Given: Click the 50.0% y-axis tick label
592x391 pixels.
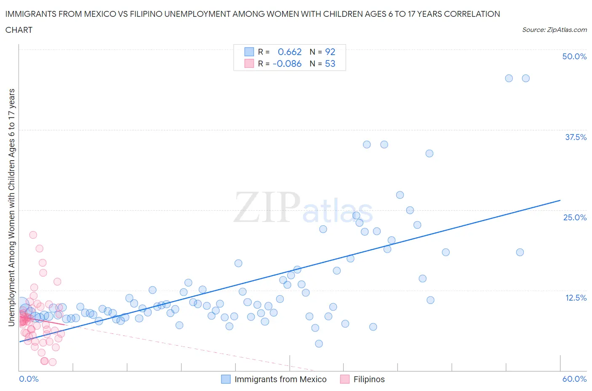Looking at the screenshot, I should point(574,56).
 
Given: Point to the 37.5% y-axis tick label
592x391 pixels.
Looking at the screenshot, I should point(576,137).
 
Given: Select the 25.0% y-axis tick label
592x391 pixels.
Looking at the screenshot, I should point(575,217).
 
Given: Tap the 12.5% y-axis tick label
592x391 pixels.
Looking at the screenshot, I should point(576,298).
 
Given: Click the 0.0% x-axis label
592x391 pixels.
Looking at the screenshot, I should point(29,379).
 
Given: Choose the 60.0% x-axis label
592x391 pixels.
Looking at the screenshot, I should point(574,379).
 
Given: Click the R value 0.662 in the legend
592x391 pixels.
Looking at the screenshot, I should point(290,52).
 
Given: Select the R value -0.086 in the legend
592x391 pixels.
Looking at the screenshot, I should point(287,63).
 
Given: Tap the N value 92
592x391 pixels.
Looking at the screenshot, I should point(330,52).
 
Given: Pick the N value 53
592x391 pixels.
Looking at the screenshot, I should point(330,63).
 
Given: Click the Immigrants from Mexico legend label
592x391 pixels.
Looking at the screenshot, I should point(280,379).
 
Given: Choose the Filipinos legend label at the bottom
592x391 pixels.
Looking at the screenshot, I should point(369,379).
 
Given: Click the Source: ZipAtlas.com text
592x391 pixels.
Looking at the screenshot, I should point(554,29).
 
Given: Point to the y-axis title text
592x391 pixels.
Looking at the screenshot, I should point(11,207).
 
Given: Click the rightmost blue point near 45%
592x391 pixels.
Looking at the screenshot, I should point(525,78).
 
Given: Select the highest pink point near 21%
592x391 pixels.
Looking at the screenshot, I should point(33,235).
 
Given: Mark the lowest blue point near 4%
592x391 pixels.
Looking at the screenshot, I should point(319,343).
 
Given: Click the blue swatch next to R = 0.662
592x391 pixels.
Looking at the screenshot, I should point(249,52).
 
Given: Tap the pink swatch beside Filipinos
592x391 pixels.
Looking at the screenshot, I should point(345,379).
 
